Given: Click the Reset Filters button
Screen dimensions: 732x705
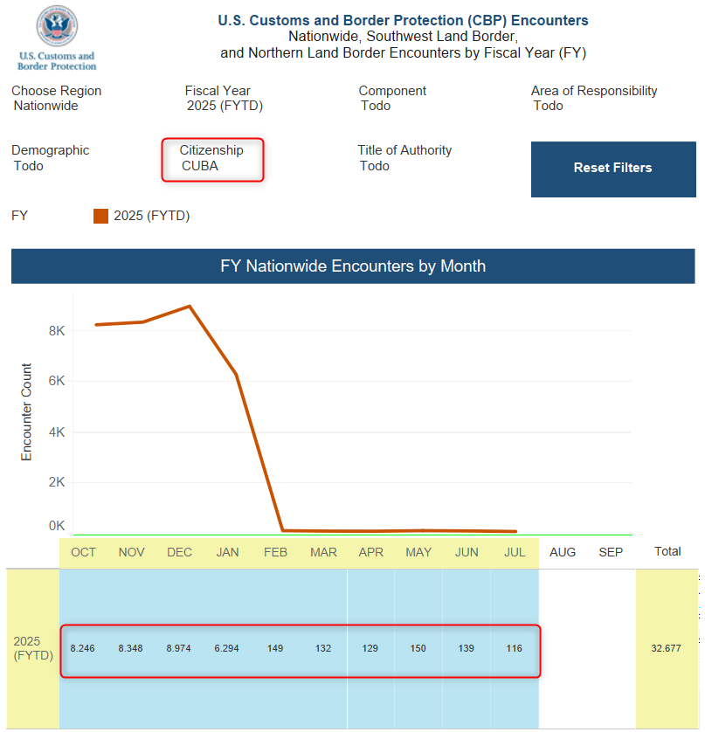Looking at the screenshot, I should coord(612,168).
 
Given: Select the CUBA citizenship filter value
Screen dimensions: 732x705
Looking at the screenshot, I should coord(200,166).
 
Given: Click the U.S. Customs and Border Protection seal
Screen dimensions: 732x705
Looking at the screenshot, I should coord(58,27).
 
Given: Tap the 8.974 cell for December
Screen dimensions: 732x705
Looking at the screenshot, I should coord(179,648).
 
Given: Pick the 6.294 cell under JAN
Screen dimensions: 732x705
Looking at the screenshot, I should coord(227,648).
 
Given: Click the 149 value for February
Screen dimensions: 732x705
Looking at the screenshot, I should coord(275,648).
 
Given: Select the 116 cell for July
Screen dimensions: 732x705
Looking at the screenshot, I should coord(514,648).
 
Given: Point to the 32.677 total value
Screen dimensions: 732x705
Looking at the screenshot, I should coord(667,648).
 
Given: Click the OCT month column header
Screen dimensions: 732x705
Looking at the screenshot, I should coord(84,552).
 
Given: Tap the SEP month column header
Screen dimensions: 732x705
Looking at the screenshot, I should coord(611,552).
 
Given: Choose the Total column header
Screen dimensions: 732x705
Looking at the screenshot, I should coord(667,552).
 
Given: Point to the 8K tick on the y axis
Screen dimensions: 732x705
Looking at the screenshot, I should coord(58,331).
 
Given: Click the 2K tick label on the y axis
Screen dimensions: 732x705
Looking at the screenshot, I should coord(58,482).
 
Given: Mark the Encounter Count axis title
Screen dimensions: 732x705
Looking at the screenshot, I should coord(26,412).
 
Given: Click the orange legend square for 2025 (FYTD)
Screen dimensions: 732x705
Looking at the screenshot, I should coord(100,216).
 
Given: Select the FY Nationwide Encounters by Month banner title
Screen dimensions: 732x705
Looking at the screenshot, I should coord(353,266).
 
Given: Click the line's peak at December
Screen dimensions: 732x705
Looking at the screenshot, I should coord(190,307).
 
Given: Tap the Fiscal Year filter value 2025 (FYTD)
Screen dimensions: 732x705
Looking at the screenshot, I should coord(225,106).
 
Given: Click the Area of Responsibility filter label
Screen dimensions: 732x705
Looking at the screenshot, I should coord(594,91).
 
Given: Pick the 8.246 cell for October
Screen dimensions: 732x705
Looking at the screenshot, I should coord(83,648).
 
